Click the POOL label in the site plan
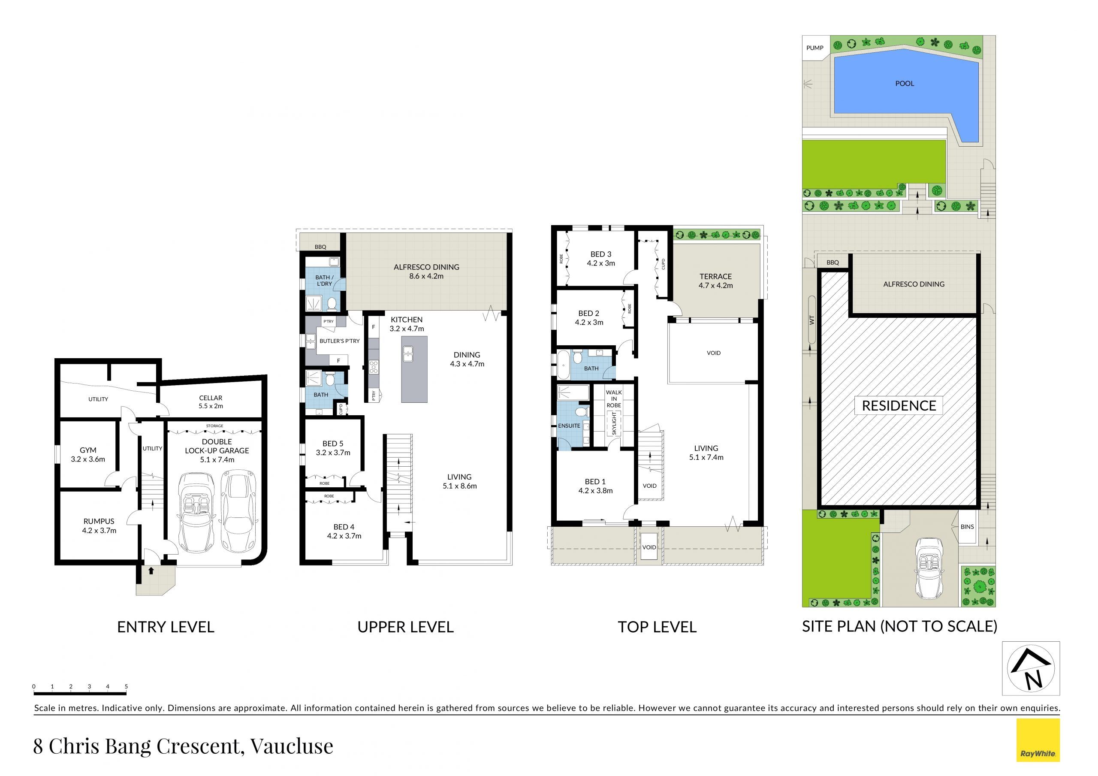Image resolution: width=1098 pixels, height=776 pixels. [x=904, y=84]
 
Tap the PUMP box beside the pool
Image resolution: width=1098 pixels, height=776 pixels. [x=815, y=48]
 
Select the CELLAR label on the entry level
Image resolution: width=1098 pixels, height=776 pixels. [x=211, y=398]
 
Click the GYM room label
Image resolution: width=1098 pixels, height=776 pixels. [x=88, y=450]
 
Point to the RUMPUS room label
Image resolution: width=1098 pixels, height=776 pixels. [x=99, y=522]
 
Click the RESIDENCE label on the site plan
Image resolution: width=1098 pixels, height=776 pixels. [x=899, y=406]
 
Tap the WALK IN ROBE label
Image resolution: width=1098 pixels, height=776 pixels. [x=614, y=399]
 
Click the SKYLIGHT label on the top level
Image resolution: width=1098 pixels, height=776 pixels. [x=615, y=424]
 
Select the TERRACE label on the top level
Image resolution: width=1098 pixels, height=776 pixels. [x=715, y=277]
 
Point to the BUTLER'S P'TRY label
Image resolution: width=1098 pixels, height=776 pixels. [x=340, y=341]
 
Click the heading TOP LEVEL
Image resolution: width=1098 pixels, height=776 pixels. [x=657, y=627]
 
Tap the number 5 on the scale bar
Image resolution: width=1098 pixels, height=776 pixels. [x=126, y=686]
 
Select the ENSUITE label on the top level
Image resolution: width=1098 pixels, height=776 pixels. [x=569, y=426]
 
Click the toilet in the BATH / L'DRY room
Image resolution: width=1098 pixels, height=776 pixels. [x=332, y=303]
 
